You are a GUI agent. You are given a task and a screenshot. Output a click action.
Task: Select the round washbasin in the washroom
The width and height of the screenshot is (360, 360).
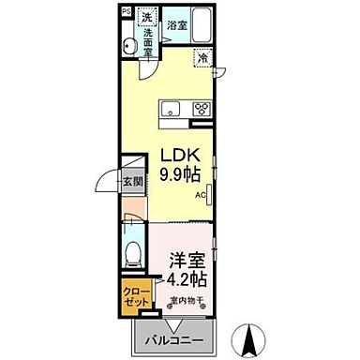(x=128, y=46)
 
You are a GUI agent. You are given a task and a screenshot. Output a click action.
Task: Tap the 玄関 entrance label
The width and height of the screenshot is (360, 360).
(x=135, y=184)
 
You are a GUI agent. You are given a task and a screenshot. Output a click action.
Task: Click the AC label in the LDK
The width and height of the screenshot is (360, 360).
(x=200, y=195)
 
